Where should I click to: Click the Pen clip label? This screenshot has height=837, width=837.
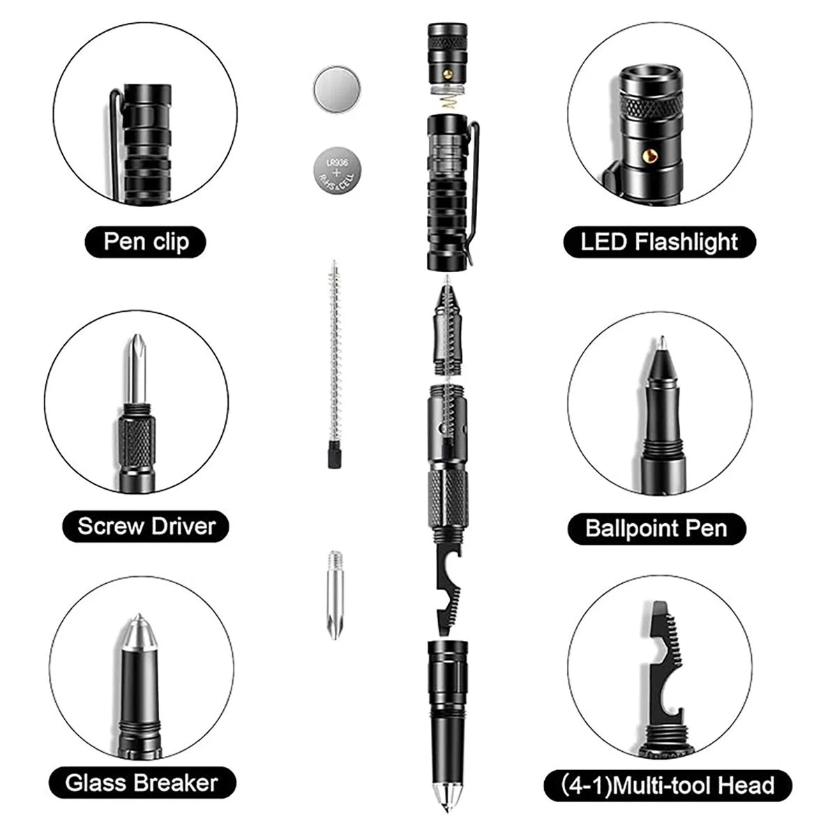tap(146, 241)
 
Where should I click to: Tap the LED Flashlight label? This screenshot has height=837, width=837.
tap(659, 241)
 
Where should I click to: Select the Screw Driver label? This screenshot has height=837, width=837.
tap(146, 526)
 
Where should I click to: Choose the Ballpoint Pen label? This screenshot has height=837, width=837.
tap(656, 529)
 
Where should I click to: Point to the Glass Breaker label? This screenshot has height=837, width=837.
tap(142, 783)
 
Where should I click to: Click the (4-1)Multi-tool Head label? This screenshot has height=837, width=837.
tap(668, 785)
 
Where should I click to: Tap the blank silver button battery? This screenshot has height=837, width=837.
tap(337, 90)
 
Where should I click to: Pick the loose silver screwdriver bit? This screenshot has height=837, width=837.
tap(335, 596)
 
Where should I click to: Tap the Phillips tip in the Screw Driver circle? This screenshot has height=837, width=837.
tap(137, 369)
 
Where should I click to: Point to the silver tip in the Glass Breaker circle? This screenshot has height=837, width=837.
tap(139, 632)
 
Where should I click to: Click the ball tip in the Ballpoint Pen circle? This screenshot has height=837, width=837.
tap(661, 342)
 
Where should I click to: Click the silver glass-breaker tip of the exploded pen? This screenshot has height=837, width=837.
tap(447, 796)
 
